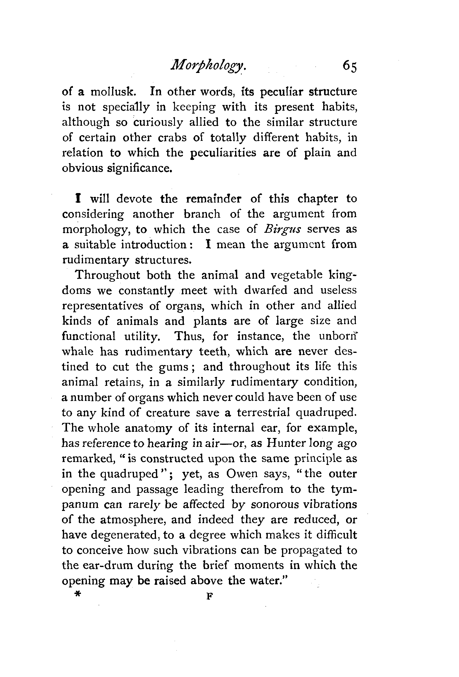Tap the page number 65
350,72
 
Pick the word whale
78,351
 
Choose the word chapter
317,199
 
